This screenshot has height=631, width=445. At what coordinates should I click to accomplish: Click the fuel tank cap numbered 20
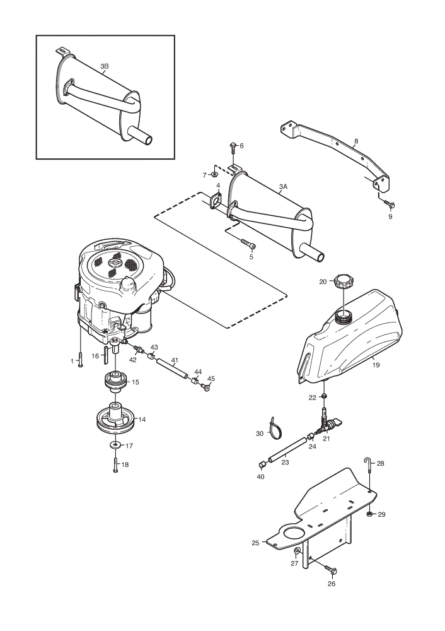[342, 281]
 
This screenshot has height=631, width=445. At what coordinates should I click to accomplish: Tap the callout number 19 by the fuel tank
[376, 365]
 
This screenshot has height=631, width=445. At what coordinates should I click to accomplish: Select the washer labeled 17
[115, 445]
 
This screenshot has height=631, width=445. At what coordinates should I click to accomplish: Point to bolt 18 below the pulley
[115, 465]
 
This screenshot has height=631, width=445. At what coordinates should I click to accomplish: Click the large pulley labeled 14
[115, 420]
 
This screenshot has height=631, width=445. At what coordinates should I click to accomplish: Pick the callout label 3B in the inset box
[105, 66]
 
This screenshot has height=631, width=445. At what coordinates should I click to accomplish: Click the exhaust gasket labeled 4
[216, 201]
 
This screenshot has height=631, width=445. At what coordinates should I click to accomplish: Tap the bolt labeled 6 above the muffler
[233, 148]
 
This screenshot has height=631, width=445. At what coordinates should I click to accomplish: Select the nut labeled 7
[214, 174]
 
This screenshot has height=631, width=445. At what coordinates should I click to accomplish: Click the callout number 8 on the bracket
[355, 141]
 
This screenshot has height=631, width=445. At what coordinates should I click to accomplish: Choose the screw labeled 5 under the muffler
[248, 244]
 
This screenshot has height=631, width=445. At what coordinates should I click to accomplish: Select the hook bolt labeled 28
[369, 469]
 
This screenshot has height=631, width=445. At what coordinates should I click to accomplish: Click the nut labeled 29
[369, 514]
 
